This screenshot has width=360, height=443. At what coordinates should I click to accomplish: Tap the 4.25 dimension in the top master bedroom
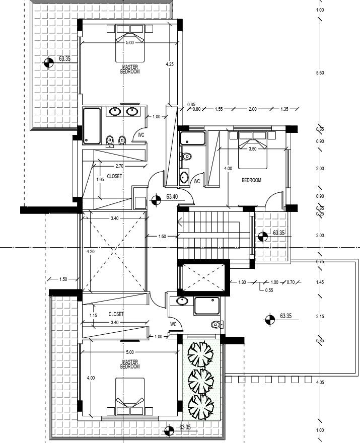pyautogui.click(x=170, y=64)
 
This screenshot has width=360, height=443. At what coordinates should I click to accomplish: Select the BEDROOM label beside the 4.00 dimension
pyautogui.click(x=251, y=180)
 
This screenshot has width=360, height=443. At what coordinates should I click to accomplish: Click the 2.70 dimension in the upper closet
pyautogui.click(x=119, y=166)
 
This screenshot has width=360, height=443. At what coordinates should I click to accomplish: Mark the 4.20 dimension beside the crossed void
pyautogui.click(x=90, y=251)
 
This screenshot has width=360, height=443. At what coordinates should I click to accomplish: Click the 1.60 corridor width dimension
pyautogui.click(x=162, y=236)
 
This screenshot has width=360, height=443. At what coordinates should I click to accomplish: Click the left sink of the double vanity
pyautogui.click(x=114, y=111)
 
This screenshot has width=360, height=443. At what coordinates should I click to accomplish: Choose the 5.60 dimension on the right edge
pyautogui.click(x=319, y=73)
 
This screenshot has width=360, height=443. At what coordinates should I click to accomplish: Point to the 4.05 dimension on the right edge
pyautogui.click(x=319, y=383)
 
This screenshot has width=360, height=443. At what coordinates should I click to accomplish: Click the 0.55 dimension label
pyautogui.click(x=269, y=290)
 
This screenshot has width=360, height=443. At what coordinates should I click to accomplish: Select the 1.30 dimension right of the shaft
pyautogui.click(x=242, y=282)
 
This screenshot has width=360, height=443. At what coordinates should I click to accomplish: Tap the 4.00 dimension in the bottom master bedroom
pyautogui.click(x=90, y=378)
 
